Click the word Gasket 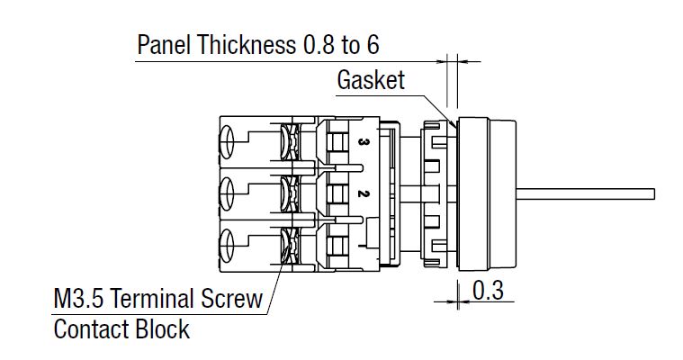click(371, 80)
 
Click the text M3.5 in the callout click(78, 298)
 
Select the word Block click(164, 328)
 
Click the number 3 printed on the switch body click(360, 143)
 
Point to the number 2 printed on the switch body click(360, 193)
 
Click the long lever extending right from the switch click(585, 193)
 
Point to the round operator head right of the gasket click(486, 193)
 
